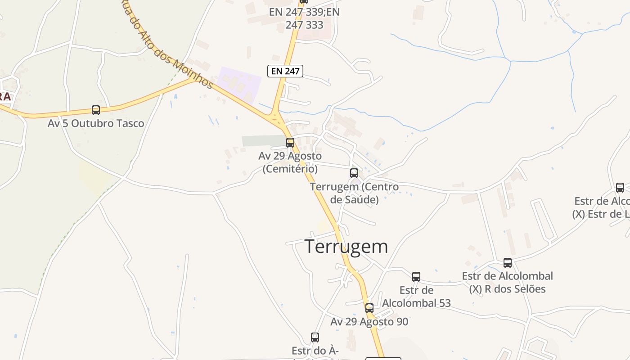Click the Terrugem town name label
(346, 247)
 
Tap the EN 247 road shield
(285, 71)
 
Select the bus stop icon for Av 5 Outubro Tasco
(96, 110)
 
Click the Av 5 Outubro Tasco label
(96, 123)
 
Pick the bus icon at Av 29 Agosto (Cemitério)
(290, 143)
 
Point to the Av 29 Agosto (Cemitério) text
(290, 162)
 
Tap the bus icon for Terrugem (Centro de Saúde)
(354, 173)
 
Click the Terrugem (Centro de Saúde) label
(354, 193)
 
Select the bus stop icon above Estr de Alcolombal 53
(416, 277)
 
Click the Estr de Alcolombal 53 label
(416, 297)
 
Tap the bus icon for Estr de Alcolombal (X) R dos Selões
(508, 263)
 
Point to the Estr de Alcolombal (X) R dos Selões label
(508, 282)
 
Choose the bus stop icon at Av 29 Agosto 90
(369, 308)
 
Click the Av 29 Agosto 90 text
(369, 322)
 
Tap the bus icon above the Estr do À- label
(315, 337)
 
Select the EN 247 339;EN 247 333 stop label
(304, 18)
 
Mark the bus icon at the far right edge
(620, 188)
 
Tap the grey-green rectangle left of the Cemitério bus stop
(263, 141)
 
